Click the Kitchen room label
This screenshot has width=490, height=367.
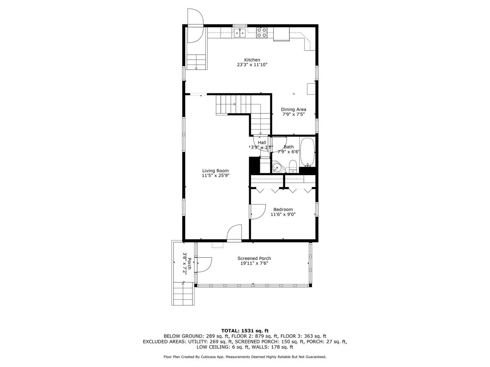[252, 60]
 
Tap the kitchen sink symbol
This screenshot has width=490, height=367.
[240, 33]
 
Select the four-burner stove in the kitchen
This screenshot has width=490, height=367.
[262, 32]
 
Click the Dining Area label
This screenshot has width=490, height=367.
[293, 109]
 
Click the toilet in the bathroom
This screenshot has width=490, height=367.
[293, 166]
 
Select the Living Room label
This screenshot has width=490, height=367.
[216, 171]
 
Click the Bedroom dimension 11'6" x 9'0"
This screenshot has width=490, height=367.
[283, 214]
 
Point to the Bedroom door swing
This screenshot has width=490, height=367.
[257, 211]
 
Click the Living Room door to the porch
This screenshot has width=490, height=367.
[234, 233]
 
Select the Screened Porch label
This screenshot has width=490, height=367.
[254, 258]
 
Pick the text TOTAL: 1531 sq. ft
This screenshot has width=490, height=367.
[245, 330]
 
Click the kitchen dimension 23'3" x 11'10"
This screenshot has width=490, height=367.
[252, 65]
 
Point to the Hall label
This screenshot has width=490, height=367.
[262, 143]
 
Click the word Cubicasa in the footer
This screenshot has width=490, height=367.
[207, 357]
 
